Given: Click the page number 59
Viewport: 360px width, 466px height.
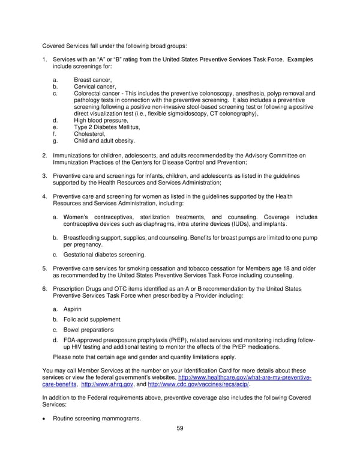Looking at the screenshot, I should coord(179,428).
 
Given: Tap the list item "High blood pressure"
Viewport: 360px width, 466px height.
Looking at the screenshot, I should coord(101,120).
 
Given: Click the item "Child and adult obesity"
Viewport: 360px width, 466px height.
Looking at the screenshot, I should coord(104,141).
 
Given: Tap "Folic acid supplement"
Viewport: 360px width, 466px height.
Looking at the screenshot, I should coord(91,319).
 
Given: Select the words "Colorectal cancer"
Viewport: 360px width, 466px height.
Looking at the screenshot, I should coord(97,93).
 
